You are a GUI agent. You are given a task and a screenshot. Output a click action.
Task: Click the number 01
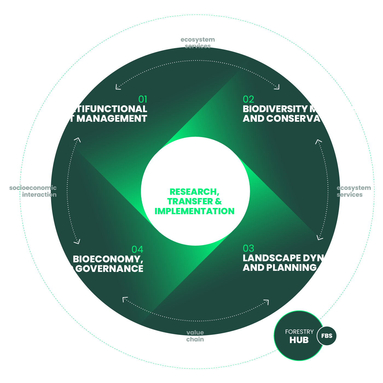143,99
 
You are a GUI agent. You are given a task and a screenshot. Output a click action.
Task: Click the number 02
248,99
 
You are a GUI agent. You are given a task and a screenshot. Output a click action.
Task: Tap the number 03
248,248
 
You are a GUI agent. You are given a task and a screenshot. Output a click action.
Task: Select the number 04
137,249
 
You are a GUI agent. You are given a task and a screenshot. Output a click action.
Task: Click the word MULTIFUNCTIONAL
101,109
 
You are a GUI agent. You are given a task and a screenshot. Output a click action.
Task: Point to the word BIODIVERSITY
276,109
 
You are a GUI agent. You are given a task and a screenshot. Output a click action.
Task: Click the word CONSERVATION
305,118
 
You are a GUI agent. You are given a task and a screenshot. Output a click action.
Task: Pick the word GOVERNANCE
109,269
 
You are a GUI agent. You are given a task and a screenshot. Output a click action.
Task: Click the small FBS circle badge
327,336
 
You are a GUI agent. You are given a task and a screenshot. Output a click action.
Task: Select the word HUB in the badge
299,340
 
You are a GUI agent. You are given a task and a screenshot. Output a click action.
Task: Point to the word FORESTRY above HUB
299,332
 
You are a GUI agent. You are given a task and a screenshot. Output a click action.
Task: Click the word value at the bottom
195,333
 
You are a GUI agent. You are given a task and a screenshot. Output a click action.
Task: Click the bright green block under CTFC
195,202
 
